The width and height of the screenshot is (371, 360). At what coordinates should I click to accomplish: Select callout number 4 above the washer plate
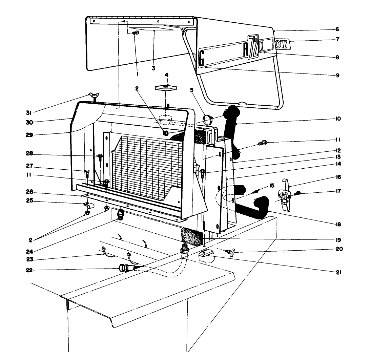pos(166,74)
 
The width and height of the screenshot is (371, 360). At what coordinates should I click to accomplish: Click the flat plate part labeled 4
pos(166,88)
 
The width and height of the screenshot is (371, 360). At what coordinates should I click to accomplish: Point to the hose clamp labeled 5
pos(208,119)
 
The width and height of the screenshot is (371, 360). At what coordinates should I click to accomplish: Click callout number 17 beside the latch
pos(337,191)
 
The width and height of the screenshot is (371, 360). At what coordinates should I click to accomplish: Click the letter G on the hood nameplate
pos(202,57)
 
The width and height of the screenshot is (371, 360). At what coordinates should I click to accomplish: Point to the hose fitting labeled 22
pos(124,269)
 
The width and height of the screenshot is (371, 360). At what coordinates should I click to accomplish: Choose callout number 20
pos(337,249)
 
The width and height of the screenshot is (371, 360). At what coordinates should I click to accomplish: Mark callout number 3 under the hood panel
pos(153,68)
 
